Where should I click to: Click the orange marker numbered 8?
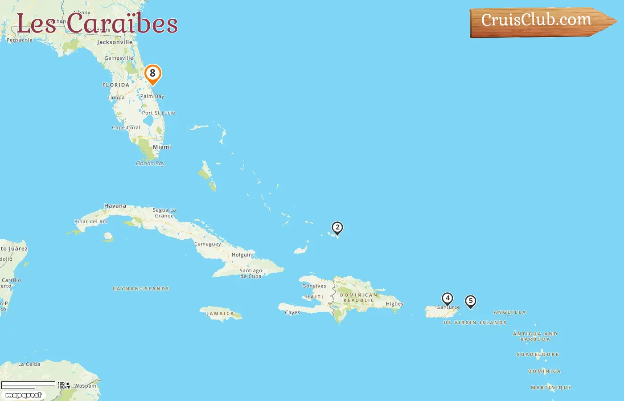153,74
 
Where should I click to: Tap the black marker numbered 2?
337,228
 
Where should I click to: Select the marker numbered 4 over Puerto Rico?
447,299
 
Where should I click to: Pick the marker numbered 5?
470,301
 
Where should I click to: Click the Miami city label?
162,147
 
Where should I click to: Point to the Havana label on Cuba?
115,206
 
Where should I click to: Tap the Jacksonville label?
115,42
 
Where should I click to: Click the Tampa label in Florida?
116,98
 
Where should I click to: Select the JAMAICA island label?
220,314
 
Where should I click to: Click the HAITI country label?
315,297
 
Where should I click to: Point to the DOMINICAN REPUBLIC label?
359,298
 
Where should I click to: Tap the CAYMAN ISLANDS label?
141,289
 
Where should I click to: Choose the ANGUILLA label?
509,312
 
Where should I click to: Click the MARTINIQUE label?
551,388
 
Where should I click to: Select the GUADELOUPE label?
538,355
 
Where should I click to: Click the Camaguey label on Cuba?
208,244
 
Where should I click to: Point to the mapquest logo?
24,395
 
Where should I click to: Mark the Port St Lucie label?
158,113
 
